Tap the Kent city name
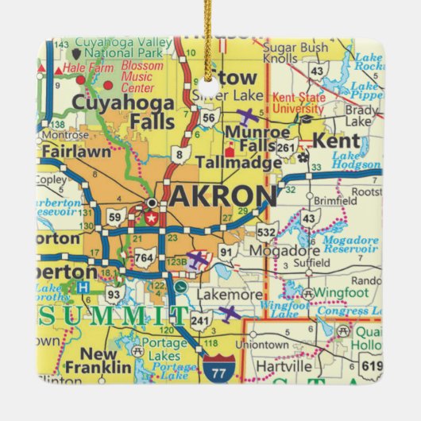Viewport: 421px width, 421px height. tap(337, 141)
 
